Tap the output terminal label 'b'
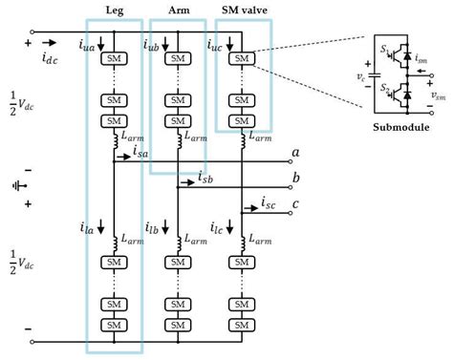[x=295, y=178]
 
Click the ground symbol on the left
[x=14, y=186]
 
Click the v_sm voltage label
[x=437, y=95]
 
